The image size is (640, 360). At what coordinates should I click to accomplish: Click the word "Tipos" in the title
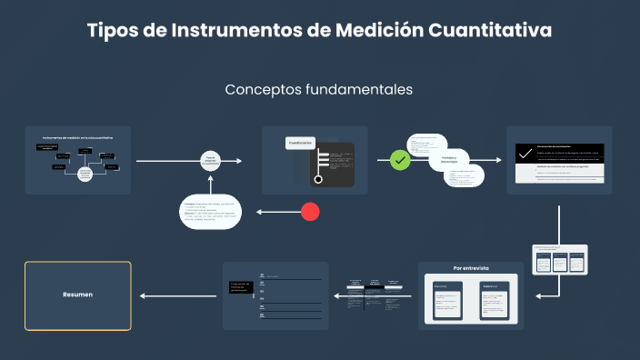click(x=110, y=31)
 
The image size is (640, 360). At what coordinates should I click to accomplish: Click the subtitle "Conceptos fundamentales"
click(x=318, y=90)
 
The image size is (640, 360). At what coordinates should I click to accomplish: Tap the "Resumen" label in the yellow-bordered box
click(x=77, y=295)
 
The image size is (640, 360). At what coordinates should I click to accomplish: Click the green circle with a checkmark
click(x=400, y=160)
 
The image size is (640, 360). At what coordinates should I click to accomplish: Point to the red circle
click(x=310, y=212)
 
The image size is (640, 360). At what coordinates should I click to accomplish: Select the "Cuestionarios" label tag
click(x=301, y=144)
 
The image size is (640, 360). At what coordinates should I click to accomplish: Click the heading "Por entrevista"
click(x=471, y=268)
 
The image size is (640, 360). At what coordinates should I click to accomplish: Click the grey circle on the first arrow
click(x=211, y=161)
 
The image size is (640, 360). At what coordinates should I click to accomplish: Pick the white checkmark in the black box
click(x=525, y=153)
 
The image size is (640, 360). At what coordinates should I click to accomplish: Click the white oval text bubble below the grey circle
click(x=211, y=212)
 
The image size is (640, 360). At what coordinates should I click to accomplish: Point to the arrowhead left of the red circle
click(x=260, y=212)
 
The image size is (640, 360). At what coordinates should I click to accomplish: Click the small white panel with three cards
click(x=559, y=260)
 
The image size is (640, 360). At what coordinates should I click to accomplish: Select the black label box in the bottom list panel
click(x=241, y=289)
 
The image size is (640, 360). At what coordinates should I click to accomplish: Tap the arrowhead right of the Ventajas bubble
click(x=497, y=161)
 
